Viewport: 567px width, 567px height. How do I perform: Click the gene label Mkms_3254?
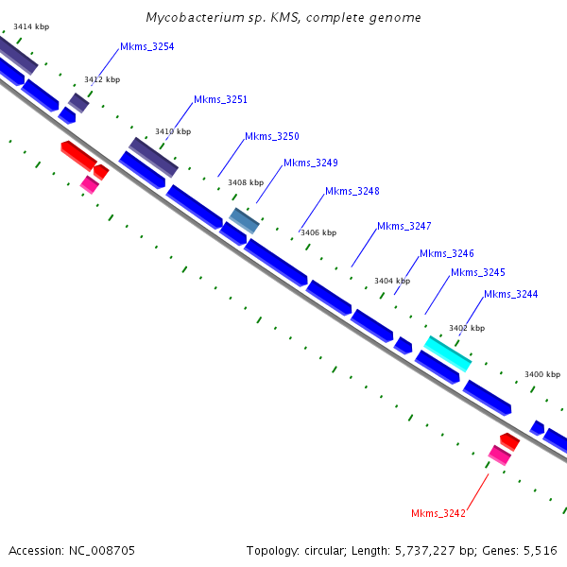point(146,46)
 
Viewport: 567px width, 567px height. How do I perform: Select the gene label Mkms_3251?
point(220,99)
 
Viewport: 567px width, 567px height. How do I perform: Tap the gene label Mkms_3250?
point(271,136)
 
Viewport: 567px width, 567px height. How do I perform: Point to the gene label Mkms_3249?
point(310,163)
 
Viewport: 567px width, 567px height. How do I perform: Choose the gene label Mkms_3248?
point(352,191)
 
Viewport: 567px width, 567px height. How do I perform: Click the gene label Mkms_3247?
point(404,226)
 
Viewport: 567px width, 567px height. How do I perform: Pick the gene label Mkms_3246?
point(446,253)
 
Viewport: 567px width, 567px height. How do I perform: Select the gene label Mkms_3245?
point(477,272)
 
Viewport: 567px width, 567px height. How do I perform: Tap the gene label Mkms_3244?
point(510,294)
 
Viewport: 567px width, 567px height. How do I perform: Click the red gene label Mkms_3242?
point(438,513)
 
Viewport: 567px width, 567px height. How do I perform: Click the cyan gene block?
point(447,352)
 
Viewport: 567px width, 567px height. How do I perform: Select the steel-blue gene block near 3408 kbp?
point(244,220)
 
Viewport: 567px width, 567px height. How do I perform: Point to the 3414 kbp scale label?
point(31,26)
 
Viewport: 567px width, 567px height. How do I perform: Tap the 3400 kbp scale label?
point(542,375)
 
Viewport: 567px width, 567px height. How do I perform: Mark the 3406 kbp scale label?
point(318,232)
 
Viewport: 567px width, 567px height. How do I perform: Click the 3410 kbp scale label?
point(173,131)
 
